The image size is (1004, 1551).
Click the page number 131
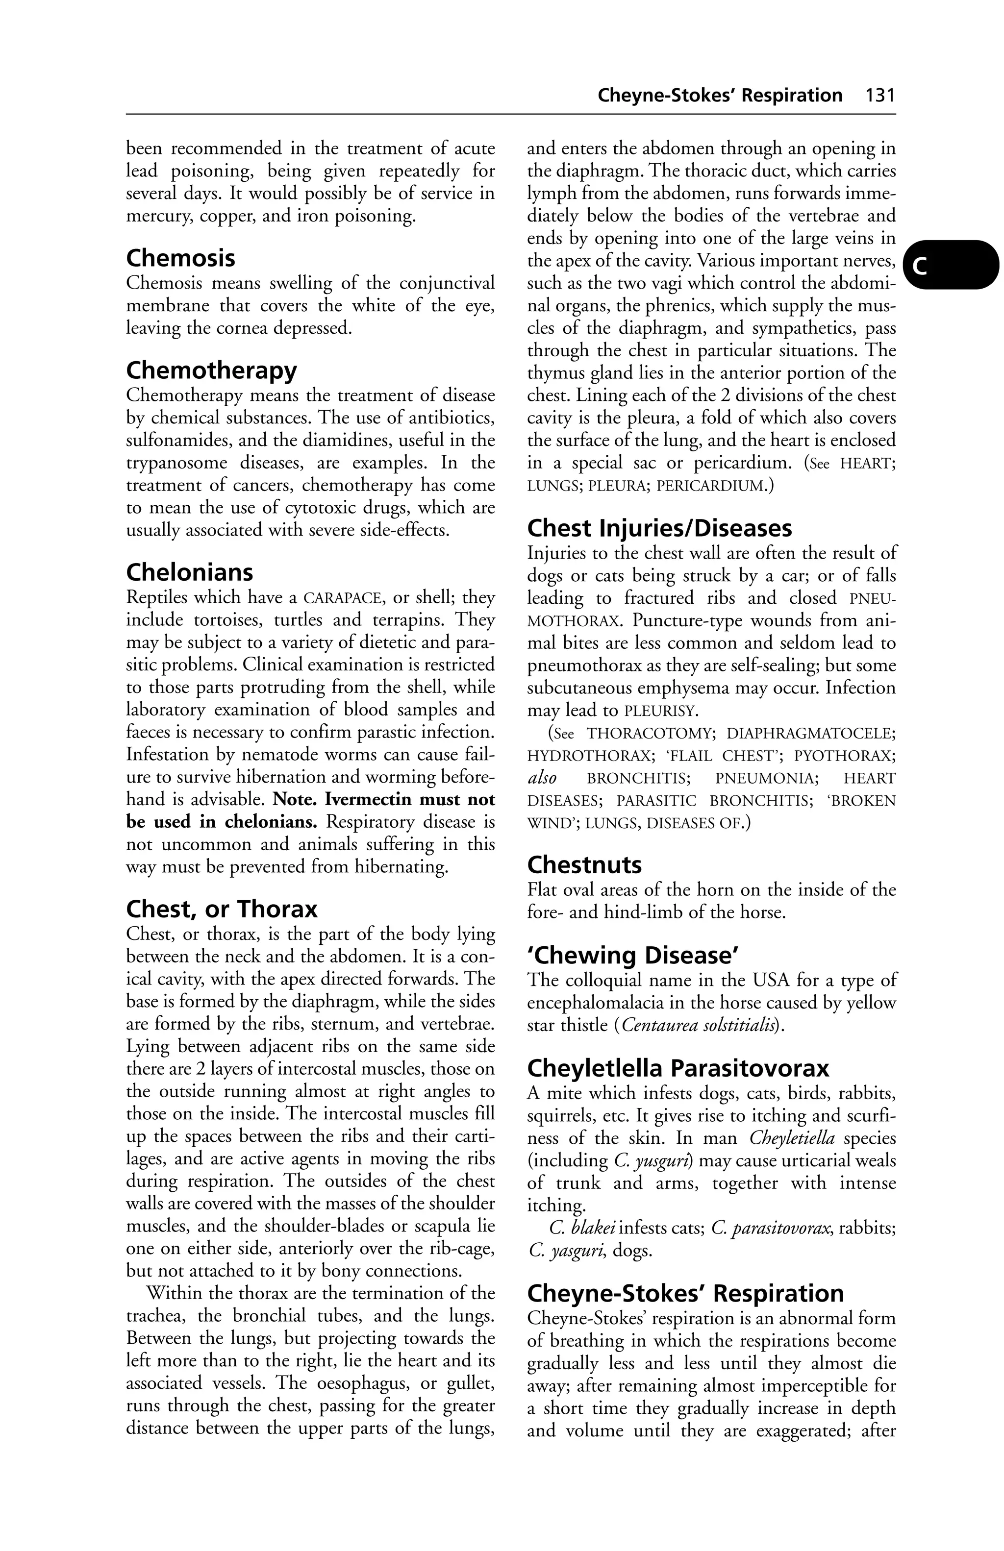880,96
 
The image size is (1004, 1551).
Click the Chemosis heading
180,258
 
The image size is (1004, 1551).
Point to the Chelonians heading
189,572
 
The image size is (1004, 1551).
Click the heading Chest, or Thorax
221,909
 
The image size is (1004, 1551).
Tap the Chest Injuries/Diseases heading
659,528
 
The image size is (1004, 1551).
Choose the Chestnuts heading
584,865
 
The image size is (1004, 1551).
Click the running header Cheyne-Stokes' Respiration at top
720,96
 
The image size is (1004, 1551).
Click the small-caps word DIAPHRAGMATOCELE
810,733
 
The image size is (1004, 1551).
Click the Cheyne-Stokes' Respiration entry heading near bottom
685,1293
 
